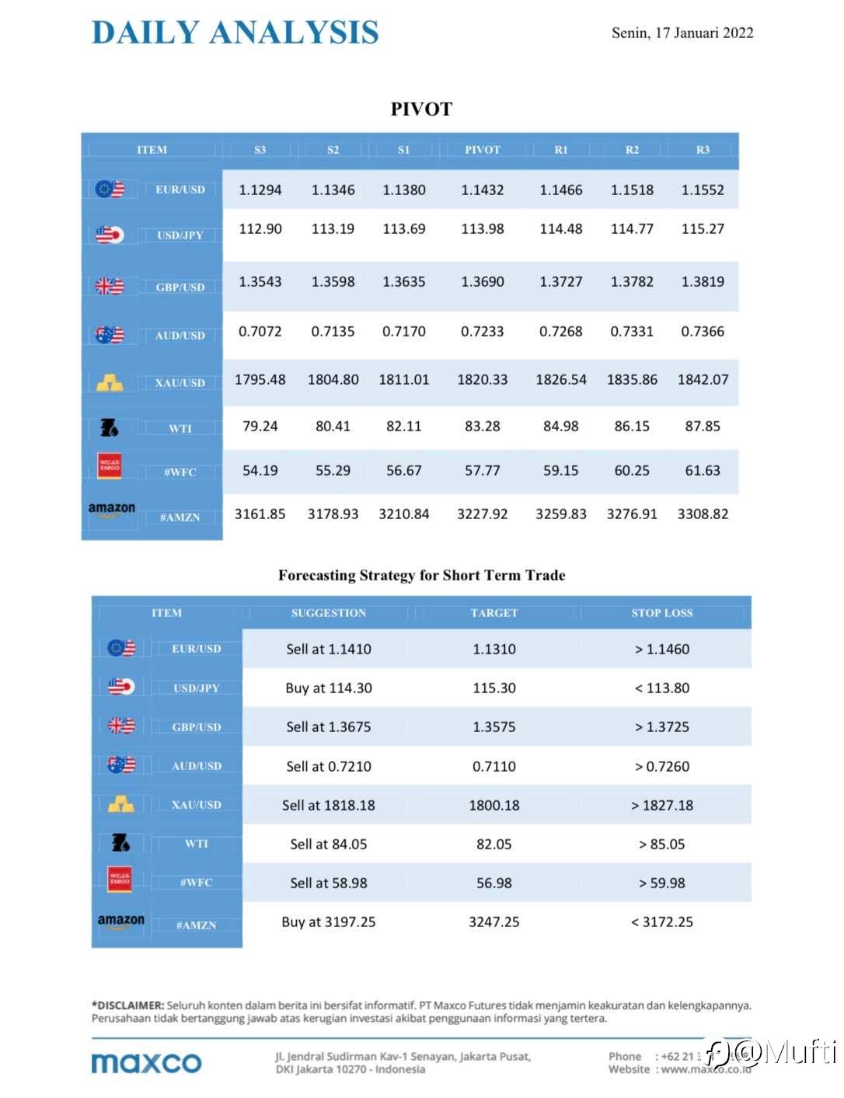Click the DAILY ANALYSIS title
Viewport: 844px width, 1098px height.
[x=235, y=33]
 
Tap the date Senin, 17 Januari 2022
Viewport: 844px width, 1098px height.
[x=682, y=33]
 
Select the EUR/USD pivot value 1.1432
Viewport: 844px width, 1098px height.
[x=482, y=190]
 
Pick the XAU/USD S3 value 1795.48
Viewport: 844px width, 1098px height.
[x=260, y=380]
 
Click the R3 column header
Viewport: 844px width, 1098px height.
[x=703, y=150]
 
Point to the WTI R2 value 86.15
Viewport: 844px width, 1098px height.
[x=632, y=426]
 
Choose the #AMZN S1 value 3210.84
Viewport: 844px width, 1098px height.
[x=403, y=514]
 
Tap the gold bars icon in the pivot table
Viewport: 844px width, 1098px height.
[x=110, y=382]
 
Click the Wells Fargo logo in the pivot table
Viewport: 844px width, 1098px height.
[x=110, y=466]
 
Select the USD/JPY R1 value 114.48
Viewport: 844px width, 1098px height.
[x=560, y=229]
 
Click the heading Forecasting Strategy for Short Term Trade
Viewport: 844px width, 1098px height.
[x=421, y=575]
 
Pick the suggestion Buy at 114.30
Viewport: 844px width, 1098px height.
[x=328, y=688]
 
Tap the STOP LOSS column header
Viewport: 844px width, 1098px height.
[x=661, y=613]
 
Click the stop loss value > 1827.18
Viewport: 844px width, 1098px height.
[x=661, y=805]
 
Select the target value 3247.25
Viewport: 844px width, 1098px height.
[x=493, y=922]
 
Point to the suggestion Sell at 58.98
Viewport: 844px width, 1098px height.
[x=328, y=883]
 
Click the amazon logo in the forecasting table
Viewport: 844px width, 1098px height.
[x=120, y=921]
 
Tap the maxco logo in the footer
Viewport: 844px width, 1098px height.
[x=146, y=1062]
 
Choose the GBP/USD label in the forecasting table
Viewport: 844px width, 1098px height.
[x=197, y=727]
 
